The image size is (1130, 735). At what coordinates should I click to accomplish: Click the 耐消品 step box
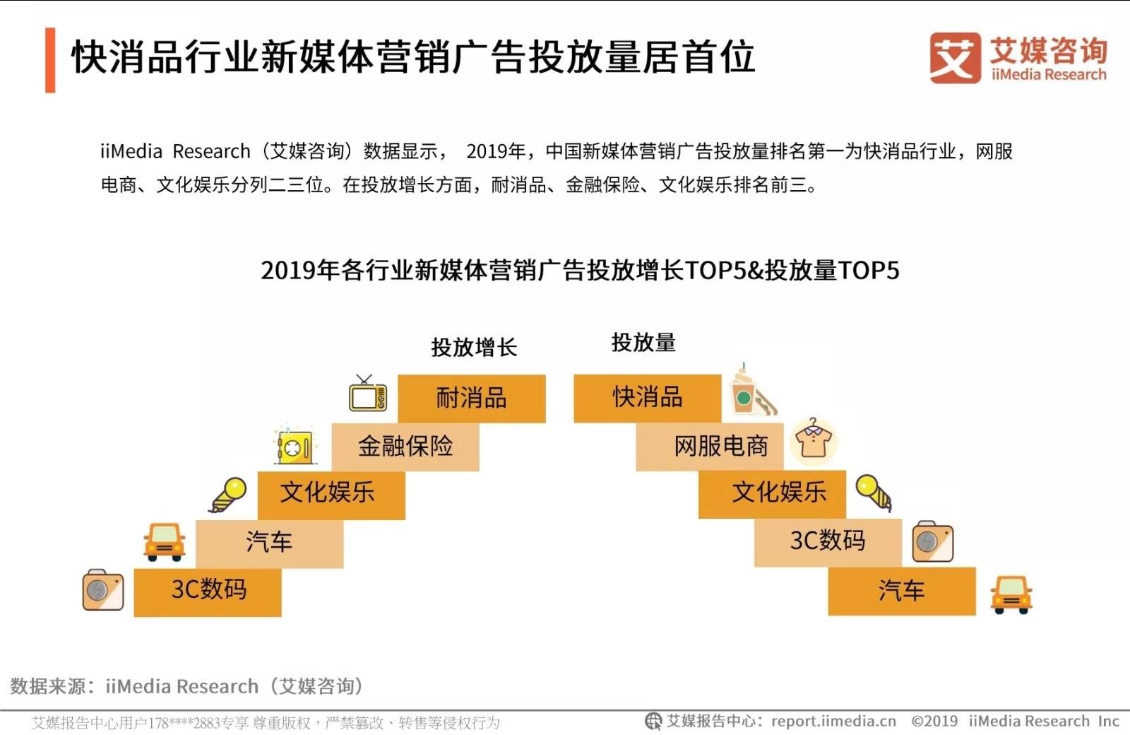click(472, 399)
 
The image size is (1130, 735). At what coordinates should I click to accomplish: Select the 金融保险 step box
click(405, 447)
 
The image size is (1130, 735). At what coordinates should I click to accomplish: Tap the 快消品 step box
click(647, 399)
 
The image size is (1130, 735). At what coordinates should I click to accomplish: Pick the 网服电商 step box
click(710, 447)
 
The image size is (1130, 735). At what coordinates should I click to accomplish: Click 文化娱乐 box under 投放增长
click(331, 495)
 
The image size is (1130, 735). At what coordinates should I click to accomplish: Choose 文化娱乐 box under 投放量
click(772, 494)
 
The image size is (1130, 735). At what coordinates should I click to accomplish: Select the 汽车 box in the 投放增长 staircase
click(269, 543)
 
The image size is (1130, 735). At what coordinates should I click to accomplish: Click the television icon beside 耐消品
click(368, 394)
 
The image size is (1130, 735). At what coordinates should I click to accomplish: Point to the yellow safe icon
click(295, 445)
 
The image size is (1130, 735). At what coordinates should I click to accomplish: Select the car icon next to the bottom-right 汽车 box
click(1011, 594)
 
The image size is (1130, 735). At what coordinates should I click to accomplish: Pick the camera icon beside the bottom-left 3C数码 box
click(103, 590)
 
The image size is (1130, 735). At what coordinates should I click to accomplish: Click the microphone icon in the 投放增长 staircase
click(229, 495)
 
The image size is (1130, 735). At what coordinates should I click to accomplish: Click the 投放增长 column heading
click(474, 347)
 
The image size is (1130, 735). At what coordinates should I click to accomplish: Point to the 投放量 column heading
click(643, 343)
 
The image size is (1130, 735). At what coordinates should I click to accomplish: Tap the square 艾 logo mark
click(956, 58)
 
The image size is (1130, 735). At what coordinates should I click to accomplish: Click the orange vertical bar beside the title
click(50, 60)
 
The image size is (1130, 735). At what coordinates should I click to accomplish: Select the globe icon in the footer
click(653, 722)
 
